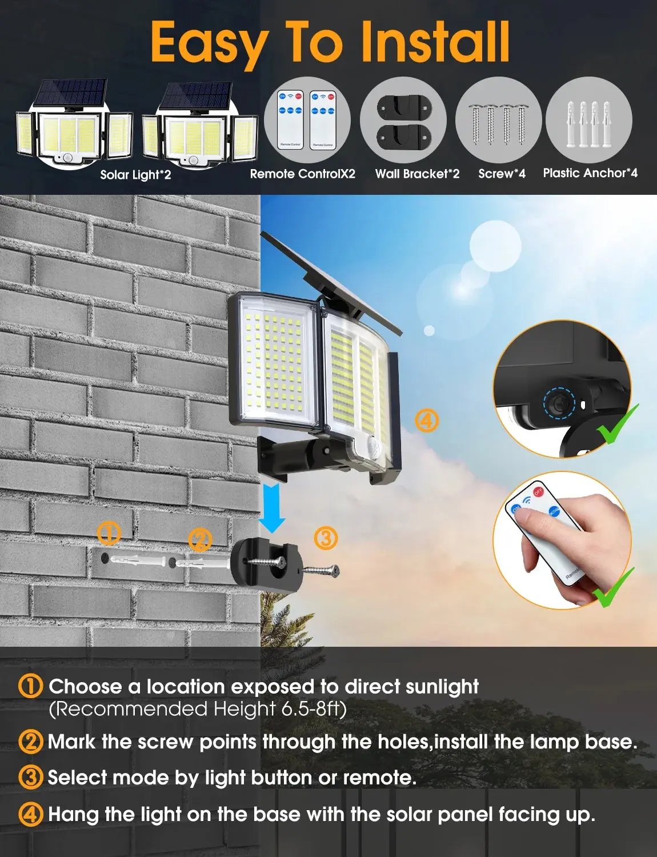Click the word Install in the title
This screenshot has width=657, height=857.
[435, 42]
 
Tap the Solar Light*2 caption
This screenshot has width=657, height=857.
[135, 175]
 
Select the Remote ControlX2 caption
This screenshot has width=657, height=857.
[302, 174]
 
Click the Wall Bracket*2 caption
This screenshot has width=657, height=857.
[417, 174]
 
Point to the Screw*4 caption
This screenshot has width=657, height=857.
[502, 174]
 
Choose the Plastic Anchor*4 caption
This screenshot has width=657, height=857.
[590, 173]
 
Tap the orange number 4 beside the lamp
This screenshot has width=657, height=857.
[426, 421]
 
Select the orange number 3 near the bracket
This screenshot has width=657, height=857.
[326, 538]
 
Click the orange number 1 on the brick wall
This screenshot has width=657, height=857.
[109, 534]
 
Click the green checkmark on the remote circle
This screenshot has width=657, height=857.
[614, 588]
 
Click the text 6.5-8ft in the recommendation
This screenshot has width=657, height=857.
[314, 709]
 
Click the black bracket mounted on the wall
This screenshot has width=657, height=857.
[265, 560]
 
